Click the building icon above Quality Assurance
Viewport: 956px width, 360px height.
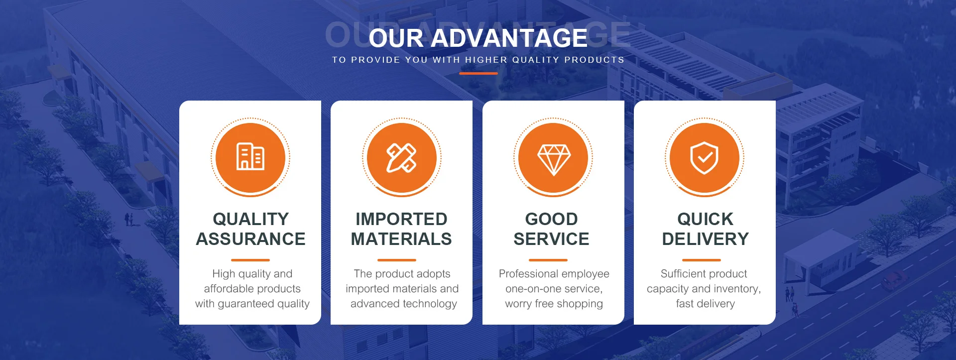(x=250, y=157)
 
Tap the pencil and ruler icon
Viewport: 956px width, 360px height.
(x=402, y=158)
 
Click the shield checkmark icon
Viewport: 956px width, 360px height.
(x=704, y=158)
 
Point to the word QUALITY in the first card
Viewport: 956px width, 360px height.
(x=250, y=219)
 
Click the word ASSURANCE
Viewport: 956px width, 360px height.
(x=250, y=239)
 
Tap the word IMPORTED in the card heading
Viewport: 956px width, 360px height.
(x=401, y=219)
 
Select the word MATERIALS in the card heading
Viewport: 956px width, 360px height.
(x=401, y=239)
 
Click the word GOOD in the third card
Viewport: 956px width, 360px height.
(x=552, y=219)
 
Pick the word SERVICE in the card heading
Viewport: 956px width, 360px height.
(x=552, y=239)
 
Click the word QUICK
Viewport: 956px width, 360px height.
(x=706, y=219)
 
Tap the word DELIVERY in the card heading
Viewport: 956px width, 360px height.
(x=706, y=239)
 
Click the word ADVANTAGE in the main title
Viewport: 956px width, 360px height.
(x=509, y=38)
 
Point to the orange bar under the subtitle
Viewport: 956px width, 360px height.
(x=478, y=73)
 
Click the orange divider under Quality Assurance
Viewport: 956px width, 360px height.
(x=250, y=260)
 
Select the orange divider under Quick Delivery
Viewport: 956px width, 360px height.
(x=702, y=260)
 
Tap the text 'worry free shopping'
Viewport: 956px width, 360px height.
(x=554, y=304)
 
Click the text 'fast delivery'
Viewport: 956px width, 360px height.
(x=706, y=304)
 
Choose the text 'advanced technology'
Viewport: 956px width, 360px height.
(x=404, y=304)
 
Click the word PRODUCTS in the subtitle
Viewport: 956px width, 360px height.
(x=595, y=60)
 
